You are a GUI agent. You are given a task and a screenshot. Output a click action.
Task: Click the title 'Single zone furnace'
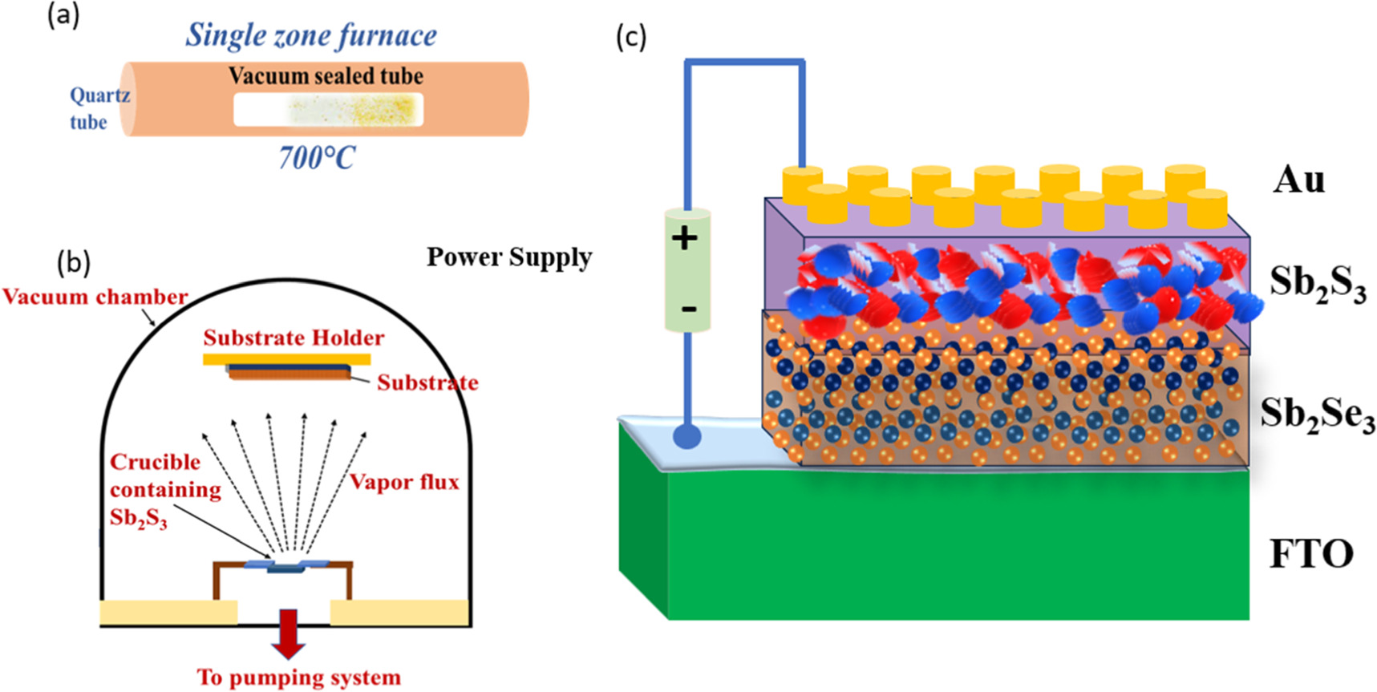pyautogui.click(x=311, y=36)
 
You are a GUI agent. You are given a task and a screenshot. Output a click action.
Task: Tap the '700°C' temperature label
pyautogui.click(x=316, y=158)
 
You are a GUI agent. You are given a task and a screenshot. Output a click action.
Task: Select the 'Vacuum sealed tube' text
pyautogui.click(x=326, y=76)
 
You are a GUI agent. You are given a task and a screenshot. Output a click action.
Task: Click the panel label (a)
pyautogui.click(x=63, y=16)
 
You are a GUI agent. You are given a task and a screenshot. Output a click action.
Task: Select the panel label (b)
pyautogui.click(x=75, y=263)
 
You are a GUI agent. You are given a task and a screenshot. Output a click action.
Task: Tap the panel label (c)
pyautogui.click(x=631, y=37)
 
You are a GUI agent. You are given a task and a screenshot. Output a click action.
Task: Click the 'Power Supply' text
pyautogui.click(x=509, y=257)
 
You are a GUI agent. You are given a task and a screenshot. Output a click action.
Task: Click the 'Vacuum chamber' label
pyautogui.click(x=95, y=297)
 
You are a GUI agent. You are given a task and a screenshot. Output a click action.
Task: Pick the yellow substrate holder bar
pyautogui.click(x=286, y=359)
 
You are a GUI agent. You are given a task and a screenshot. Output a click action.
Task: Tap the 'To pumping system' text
pyautogui.click(x=298, y=678)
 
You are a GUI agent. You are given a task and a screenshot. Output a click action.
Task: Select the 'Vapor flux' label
pyautogui.click(x=404, y=482)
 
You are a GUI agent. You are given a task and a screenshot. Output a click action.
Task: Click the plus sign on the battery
pyautogui.click(x=685, y=238)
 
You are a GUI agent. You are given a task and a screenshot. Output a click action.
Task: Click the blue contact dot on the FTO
pyautogui.click(x=687, y=437)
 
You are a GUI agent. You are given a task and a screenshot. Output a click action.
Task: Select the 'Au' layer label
pyautogui.click(x=1298, y=180)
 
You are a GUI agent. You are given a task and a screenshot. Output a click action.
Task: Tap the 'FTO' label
pyautogui.click(x=1311, y=554)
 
